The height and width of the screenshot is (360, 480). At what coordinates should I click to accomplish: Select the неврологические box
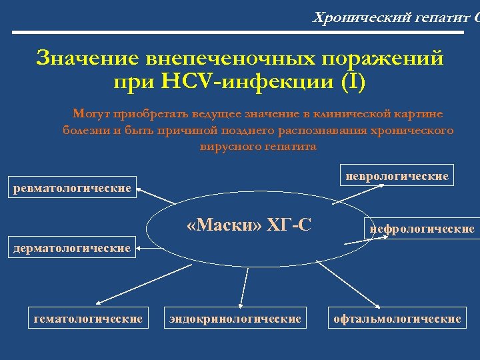point(397,176)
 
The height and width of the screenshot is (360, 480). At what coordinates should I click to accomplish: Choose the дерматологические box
point(69,247)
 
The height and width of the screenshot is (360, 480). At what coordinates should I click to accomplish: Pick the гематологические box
point(88,319)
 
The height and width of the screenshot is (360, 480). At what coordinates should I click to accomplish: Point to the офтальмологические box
point(397,319)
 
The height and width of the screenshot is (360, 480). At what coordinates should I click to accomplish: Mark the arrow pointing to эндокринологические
point(244,283)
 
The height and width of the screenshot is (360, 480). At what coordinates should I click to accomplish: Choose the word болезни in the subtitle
point(86,130)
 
